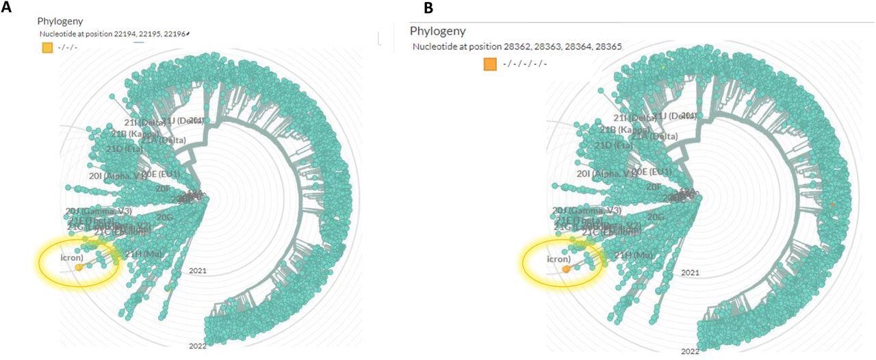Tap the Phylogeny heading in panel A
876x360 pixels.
(x=60, y=21)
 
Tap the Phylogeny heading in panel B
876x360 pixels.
(x=437, y=31)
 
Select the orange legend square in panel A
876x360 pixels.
(x=47, y=47)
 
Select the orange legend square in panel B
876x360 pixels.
(x=490, y=64)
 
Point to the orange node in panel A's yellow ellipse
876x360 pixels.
(x=79, y=268)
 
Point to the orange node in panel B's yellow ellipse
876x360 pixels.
(x=566, y=270)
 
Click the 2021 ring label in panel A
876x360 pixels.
(x=198, y=271)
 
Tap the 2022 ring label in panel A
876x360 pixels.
(x=198, y=346)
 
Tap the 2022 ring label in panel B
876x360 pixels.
(x=690, y=350)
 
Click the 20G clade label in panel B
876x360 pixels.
(x=656, y=217)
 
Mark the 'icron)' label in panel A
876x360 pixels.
(x=70, y=258)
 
